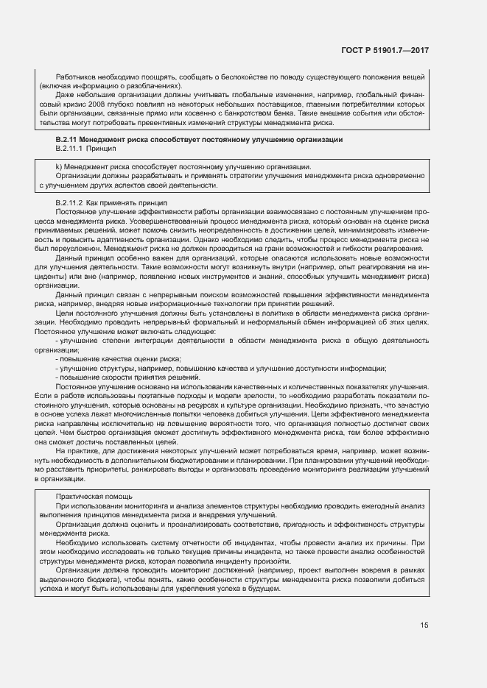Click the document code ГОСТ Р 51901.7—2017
[385, 50]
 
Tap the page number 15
[424, 625]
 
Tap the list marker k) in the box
[59, 167]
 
